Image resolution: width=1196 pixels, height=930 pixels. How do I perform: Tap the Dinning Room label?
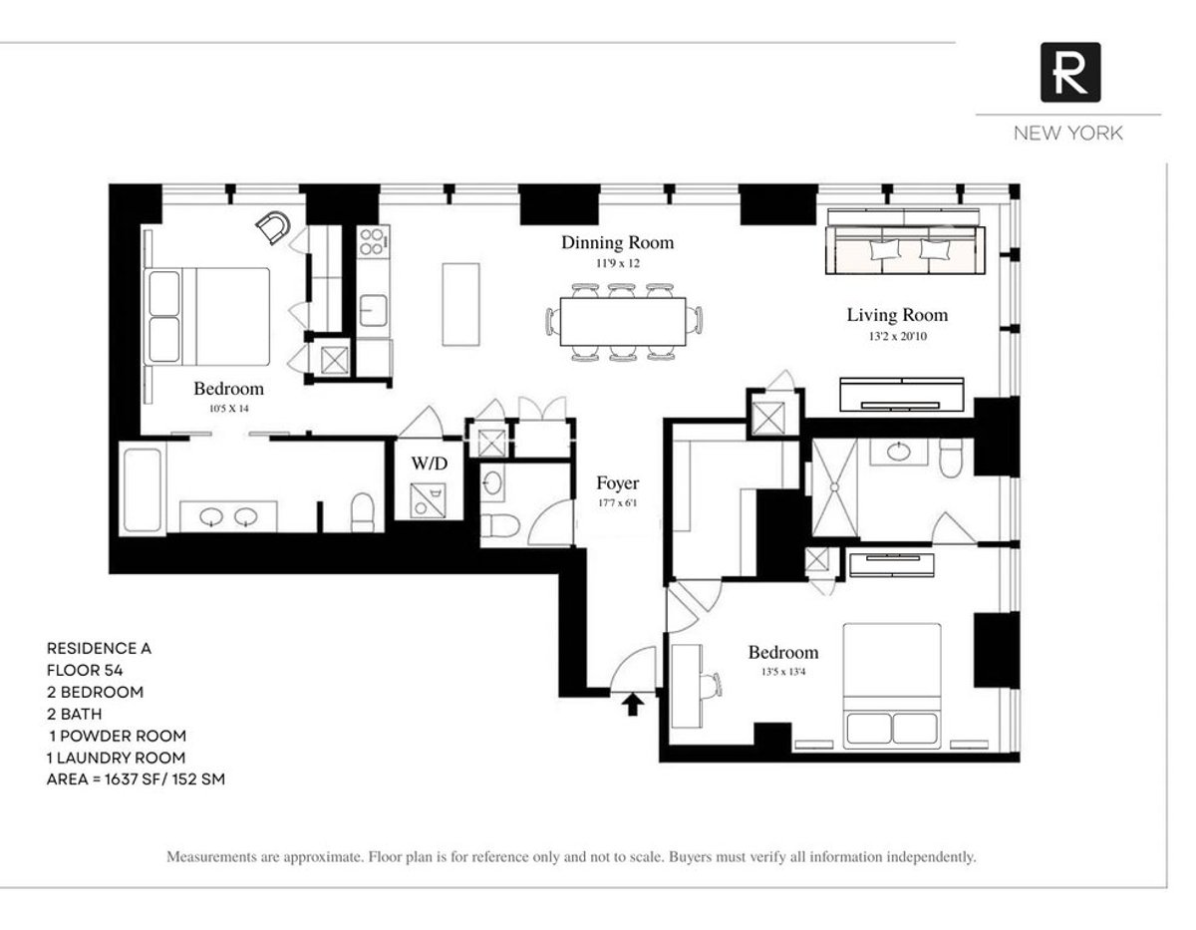pos(617,242)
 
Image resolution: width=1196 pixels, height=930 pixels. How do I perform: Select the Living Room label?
pos(897,315)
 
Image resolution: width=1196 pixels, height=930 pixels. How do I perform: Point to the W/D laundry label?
pos(429,464)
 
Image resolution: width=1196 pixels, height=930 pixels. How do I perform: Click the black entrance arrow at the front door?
pos(631,705)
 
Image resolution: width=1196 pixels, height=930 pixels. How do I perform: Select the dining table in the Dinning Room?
pos(623,321)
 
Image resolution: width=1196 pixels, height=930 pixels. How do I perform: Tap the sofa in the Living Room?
pos(905,244)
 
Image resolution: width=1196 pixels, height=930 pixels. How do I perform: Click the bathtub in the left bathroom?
pos(143,489)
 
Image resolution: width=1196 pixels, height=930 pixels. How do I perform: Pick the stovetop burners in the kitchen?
pos(373,242)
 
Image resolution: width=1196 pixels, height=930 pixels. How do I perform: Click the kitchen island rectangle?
pos(460,305)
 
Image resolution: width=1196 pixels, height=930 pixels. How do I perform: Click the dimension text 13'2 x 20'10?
pos(897,338)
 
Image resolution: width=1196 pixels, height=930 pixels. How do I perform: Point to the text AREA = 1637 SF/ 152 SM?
pos(136,779)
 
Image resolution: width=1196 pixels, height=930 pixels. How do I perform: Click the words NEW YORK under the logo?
pos(1067,134)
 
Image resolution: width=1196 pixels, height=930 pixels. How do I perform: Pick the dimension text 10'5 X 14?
pos(228,409)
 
